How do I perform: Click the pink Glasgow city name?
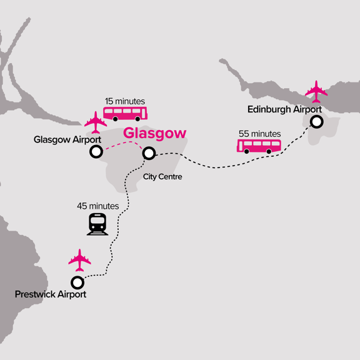tap(154, 133)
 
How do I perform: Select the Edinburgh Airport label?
tap(284, 109)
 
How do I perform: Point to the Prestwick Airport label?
tap(51, 294)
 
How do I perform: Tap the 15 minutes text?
tap(126, 101)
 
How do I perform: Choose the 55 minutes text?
tap(259, 134)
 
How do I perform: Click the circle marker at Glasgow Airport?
tap(96, 152)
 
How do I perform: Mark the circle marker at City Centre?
tap(149, 153)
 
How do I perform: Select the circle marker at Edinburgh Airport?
tap(317, 122)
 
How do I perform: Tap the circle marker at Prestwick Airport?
tap(77, 282)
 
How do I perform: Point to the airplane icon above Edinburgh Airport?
tap(316, 91)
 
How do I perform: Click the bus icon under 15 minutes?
tap(125, 113)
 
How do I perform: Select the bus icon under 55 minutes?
tap(259, 146)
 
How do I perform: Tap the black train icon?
tap(97, 224)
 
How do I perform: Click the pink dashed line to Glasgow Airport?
tap(122, 145)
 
